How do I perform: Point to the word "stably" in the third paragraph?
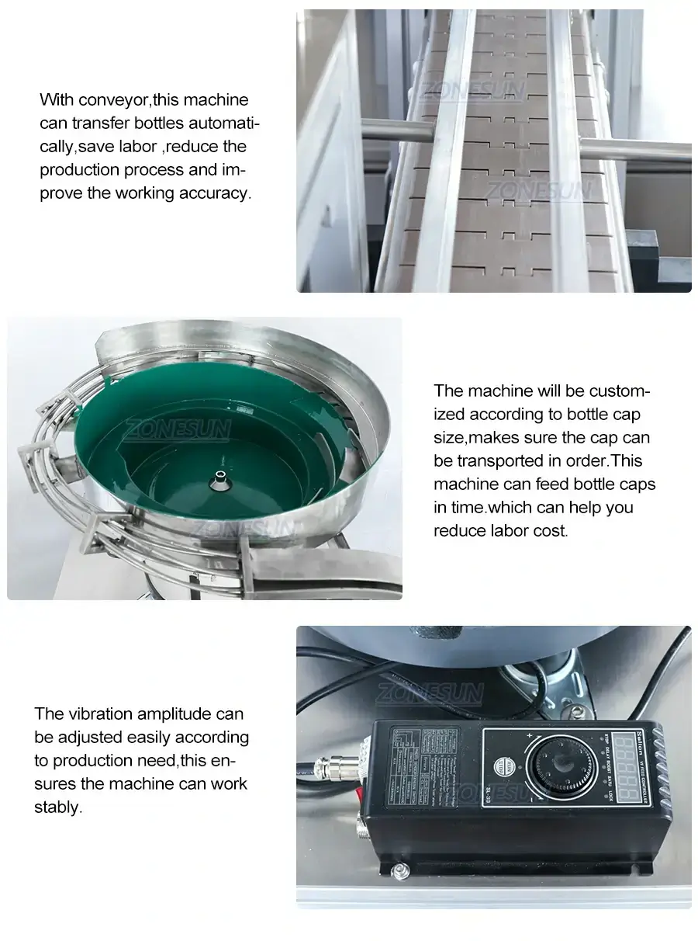coord(57,807)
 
